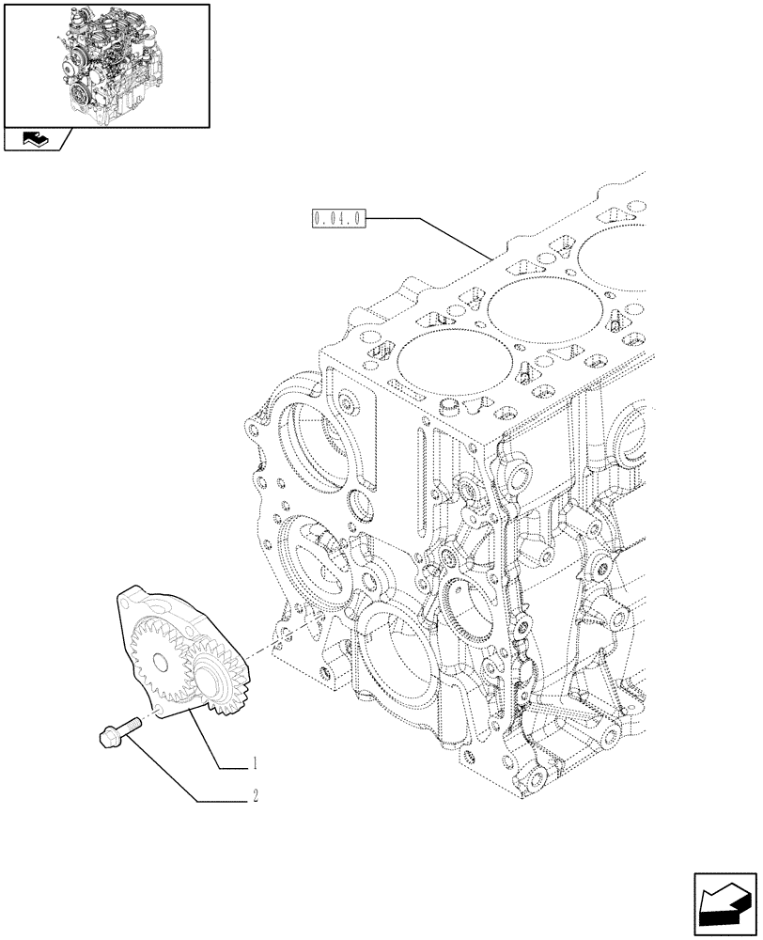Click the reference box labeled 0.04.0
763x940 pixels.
335,221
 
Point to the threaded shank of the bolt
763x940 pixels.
131,725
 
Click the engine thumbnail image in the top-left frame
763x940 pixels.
105,64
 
